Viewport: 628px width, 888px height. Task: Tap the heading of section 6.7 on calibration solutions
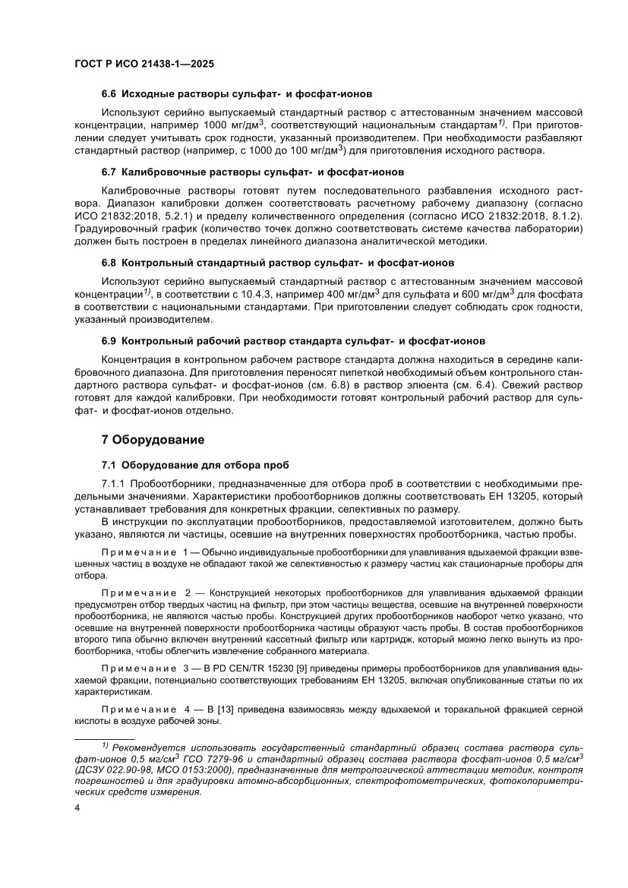coord(252,172)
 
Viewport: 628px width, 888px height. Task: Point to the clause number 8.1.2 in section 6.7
coord(563,217)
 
